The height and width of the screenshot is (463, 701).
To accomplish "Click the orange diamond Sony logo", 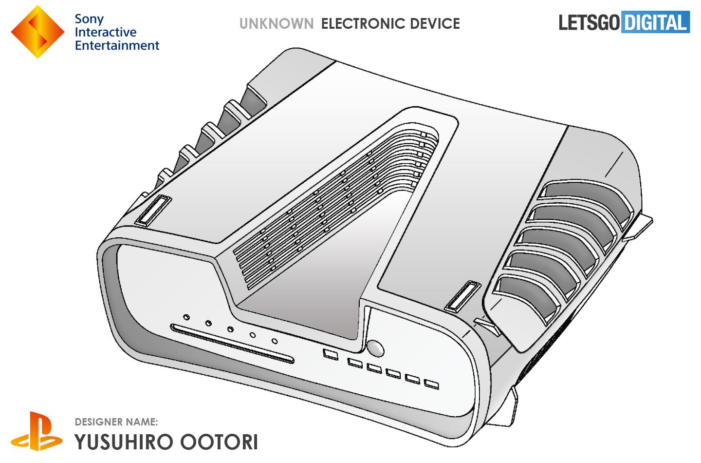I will coord(37,32).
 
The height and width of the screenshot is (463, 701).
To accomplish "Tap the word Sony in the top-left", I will coord(89,19).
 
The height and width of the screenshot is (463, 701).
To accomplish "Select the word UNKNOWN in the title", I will coord(276,23).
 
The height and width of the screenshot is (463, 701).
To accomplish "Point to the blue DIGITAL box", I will coord(655,22).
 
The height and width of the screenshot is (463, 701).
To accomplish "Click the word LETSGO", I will coord(589,22).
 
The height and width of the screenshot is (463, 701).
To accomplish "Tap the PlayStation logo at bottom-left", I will coord(37,431).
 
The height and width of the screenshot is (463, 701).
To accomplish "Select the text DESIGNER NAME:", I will coord(116,422).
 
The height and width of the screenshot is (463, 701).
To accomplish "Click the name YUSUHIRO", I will coord(124,442).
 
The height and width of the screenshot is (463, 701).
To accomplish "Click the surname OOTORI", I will coord(219,442).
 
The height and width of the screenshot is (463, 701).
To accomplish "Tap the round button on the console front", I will coord(375,348).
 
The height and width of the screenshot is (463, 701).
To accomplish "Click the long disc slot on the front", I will coord(232,344).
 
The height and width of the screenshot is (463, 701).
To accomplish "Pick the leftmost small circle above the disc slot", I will coord(186,318).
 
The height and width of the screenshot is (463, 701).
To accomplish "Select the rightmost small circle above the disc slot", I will coord(275,341).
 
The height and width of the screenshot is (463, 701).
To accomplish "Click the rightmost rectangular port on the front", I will coord(431,385).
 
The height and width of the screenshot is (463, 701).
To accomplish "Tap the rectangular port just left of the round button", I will coord(331,354).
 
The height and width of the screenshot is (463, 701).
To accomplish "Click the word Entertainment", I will coord(117,45).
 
